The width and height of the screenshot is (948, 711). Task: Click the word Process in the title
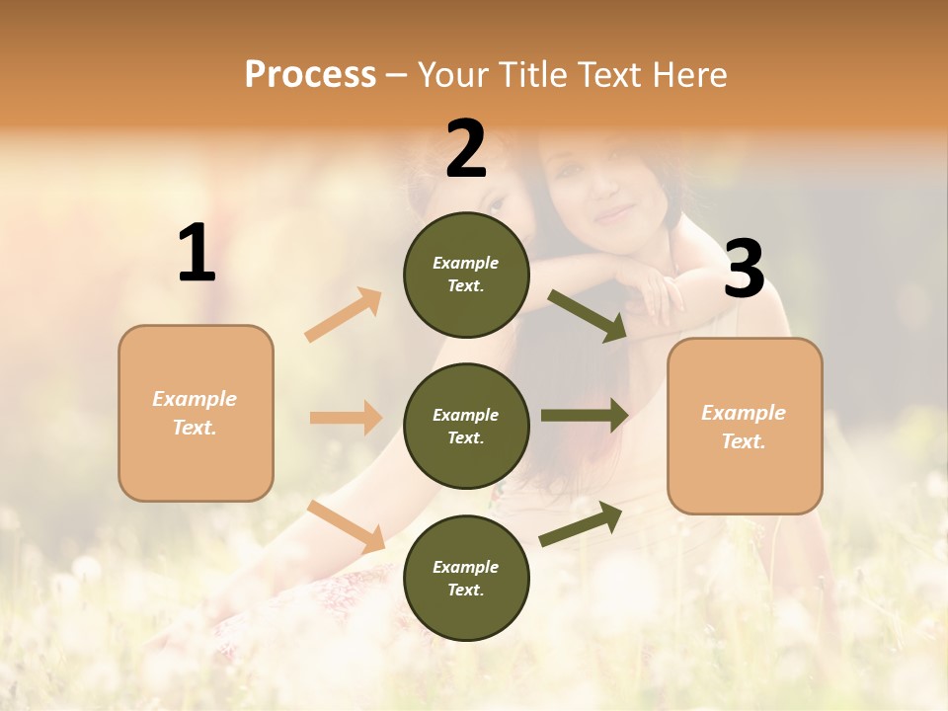310,75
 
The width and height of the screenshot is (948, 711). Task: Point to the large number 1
197,254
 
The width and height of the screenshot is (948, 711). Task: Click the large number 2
466,149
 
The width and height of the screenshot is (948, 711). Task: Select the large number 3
744,270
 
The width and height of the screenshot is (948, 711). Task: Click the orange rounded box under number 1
196,413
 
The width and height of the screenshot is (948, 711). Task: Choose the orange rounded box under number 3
745,426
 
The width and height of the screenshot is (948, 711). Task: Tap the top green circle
466,275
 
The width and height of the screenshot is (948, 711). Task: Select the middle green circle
466,426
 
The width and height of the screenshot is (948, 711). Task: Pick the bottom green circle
466,578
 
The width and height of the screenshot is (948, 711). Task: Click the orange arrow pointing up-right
344,315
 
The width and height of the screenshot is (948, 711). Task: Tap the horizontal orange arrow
346,418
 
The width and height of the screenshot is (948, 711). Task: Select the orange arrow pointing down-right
346,526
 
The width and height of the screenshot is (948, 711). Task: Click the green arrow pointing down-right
588,315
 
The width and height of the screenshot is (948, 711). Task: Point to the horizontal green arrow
584,416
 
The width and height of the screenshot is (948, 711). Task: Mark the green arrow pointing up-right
581,523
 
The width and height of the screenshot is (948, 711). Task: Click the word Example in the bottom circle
466,567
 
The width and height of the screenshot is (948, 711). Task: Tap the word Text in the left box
194,428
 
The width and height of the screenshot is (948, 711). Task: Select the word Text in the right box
743,441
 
